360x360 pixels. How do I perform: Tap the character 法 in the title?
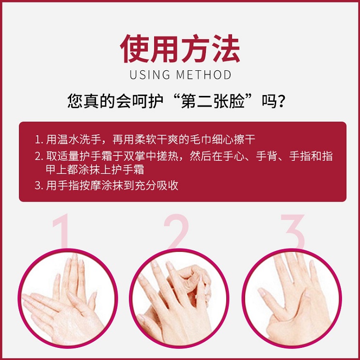click(x=224, y=49)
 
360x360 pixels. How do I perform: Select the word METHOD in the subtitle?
click(x=203, y=75)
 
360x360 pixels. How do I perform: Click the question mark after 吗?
click(x=286, y=102)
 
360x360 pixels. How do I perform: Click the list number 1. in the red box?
click(x=39, y=140)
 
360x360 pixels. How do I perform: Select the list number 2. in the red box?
click(x=39, y=157)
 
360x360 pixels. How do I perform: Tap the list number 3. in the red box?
click(x=39, y=186)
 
